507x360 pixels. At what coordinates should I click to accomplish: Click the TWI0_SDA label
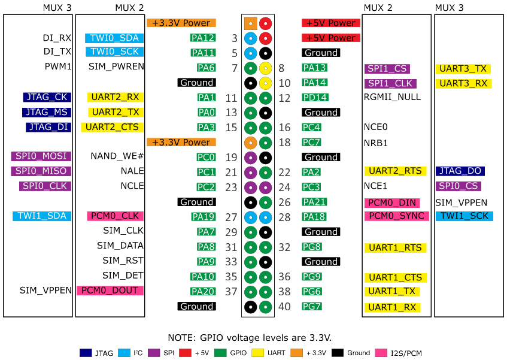[x=114, y=38]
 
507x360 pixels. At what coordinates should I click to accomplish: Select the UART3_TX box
[x=464, y=69]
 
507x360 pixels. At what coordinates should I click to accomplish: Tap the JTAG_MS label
[x=47, y=112]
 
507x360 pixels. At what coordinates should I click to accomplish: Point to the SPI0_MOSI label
[x=41, y=156]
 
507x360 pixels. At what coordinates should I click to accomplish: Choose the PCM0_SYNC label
[x=396, y=216]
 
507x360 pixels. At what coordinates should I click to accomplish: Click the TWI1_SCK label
[x=464, y=216]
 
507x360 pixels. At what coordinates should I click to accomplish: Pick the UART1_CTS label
[x=396, y=277]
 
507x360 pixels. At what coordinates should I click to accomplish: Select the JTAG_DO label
[x=460, y=171]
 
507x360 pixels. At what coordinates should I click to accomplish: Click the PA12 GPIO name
[x=203, y=38]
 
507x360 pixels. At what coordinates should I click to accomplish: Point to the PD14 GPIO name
[x=315, y=97]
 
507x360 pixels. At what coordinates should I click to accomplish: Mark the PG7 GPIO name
[x=312, y=307]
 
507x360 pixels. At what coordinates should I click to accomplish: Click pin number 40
[x=284, y=307]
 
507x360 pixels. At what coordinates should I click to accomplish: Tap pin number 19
[x=232, y=158]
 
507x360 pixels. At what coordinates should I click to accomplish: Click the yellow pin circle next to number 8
[x=266, y=68]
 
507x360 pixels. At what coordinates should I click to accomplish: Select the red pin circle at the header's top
[x=266, y=24]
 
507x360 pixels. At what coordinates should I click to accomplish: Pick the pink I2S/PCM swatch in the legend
[x=380, y=352]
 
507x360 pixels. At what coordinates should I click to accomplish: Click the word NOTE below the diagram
[x=180, y=337]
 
